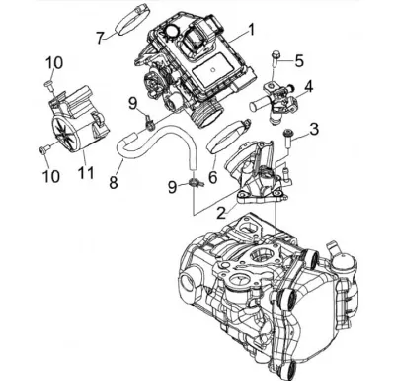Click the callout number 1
coord(251,30)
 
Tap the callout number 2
coord(221,212)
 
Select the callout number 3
coord(314,129)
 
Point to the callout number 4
coord(308,86)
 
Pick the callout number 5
coord(299,61)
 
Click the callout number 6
coord(213,177)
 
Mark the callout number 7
coord(100,38)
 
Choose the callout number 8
coord(114,182)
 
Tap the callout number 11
coord(86,172)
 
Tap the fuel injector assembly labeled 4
coord(276,101)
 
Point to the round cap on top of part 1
coord(171,32)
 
